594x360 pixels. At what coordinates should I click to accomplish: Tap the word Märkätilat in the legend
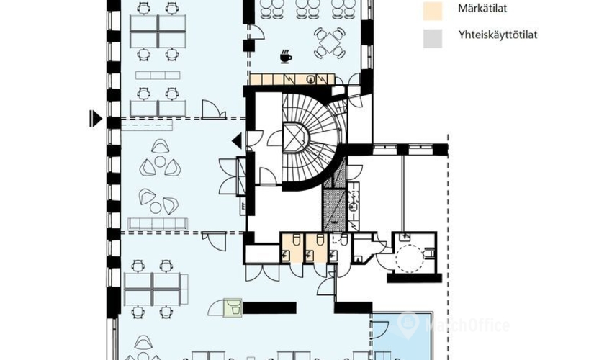[x=482, y=8]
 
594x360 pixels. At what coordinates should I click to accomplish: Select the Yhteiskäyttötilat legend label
[x=498, y=35]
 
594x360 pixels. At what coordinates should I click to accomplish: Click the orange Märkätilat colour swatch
[x=433, y=11]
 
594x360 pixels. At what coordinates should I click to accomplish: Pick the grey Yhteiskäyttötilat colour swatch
[x=433, y=38]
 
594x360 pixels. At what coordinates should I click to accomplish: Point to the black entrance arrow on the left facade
[x=96, y=118]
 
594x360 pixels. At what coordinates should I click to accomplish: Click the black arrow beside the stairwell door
[x=237, y=141]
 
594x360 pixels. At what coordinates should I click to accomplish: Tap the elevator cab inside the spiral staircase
[x=295, y=138]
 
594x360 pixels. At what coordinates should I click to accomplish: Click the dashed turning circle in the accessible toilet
[x=410, y=258]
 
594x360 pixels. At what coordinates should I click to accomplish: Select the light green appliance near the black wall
[x=233, y=307]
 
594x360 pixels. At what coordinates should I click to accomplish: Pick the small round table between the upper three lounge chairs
[x=160, y=162]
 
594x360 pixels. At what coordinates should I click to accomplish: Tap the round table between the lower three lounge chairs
[x=156, y=207]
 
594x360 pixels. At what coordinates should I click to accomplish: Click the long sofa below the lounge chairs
[x=158, y=223]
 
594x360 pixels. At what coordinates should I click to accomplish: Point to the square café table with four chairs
[x=330, y=43]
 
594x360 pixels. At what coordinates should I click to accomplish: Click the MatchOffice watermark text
[x=467, y=325]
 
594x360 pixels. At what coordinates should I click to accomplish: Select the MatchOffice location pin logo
[x=408, y=325]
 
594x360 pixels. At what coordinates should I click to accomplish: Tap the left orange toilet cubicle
[x=292, y=248]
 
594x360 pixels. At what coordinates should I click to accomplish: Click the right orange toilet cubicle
[x=316, y=248]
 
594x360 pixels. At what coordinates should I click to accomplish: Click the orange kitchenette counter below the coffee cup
[x=292, y=78]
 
